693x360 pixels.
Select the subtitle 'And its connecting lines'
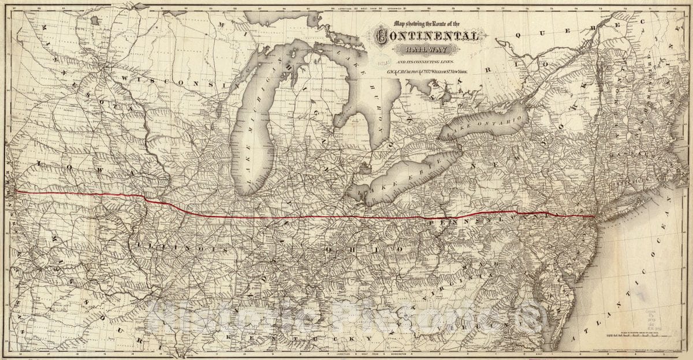pyautogui.click(x=425, y=61)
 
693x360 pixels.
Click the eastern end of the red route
pyautogui.click(x=595, y=217)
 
